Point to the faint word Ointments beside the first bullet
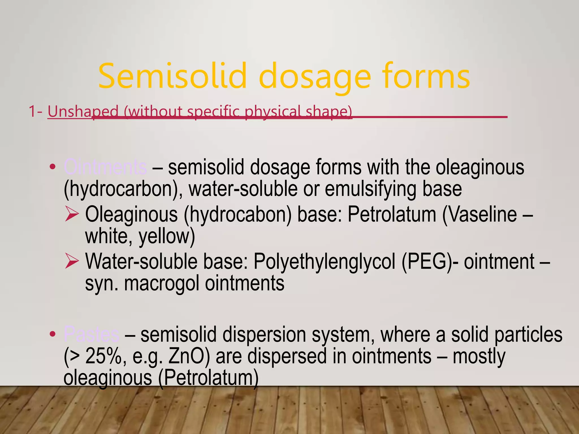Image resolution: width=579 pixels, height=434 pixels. [x=105, y=167]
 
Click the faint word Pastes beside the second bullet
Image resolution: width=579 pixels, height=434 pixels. [x=91, y=334]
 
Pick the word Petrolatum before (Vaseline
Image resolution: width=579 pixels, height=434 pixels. [x=392, y=214]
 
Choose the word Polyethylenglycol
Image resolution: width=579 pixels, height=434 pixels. [x=324, y=262]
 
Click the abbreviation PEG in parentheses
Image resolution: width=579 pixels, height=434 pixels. [x=427, y=262]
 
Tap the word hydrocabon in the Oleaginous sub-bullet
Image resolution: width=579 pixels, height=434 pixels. [x=237, y=214]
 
